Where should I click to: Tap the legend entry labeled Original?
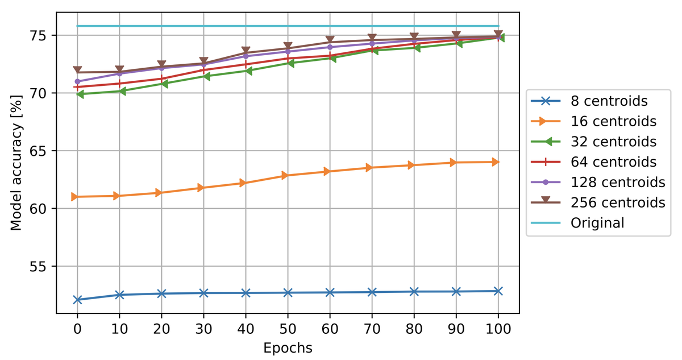(x=597, y=222)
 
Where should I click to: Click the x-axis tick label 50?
(x=288, y=329)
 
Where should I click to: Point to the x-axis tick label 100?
(x=498, y=329)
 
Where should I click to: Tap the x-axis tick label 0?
(x=77, y=329)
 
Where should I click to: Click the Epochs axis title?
(x=288, y=348)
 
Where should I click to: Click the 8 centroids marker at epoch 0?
(x=77, y=300)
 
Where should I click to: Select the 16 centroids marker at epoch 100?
(x=498, y=162)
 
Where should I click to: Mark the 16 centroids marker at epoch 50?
(x=288, y=175)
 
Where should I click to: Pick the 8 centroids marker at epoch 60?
(x=330, y=292)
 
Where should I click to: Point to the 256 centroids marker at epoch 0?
(x=77, y=71)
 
